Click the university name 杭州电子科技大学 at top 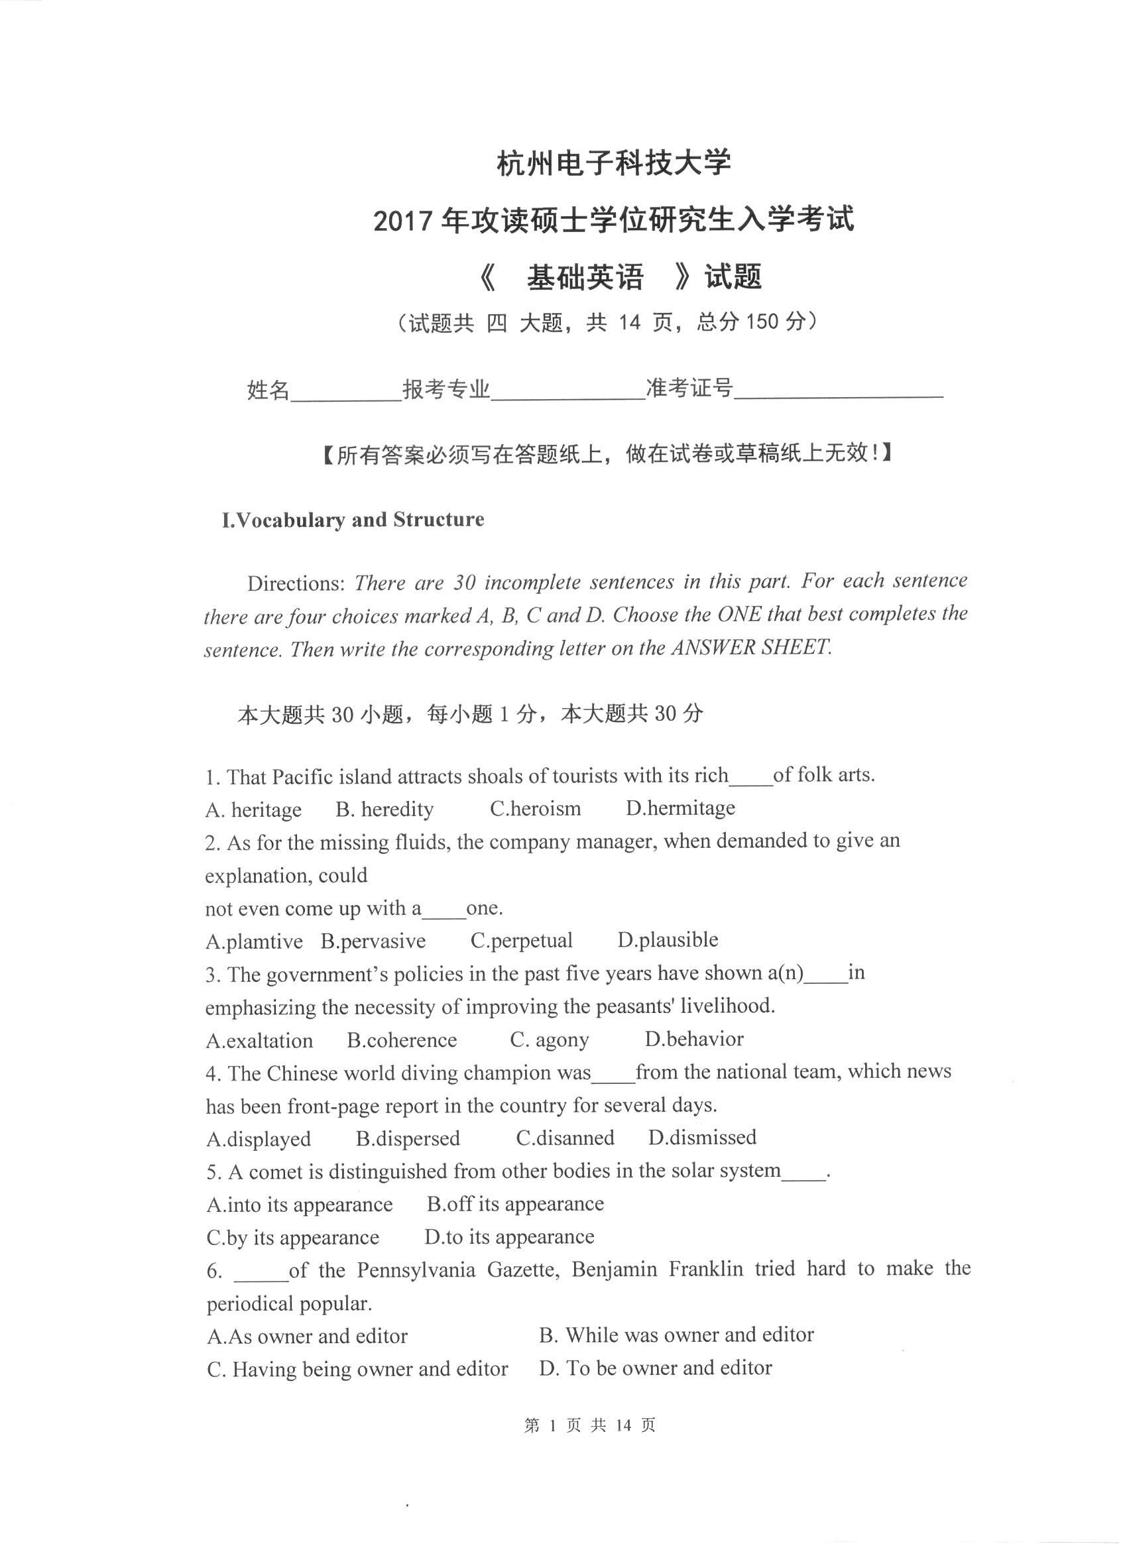(613, 163)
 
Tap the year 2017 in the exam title (403, 221)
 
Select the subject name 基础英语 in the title (585, 278)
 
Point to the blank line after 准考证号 (839, 392)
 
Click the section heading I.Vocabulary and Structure (353, 519)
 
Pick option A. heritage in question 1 (253, 810)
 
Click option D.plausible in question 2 (668, 939)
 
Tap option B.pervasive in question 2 (373, 941)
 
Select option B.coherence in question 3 (402, 1040)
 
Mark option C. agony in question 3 (549, 1040)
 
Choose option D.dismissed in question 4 (702, 1138)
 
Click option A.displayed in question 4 (259, 1139)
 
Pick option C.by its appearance (292, 1238)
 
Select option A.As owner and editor (307, 1336)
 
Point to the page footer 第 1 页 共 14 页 (590, 1425)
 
